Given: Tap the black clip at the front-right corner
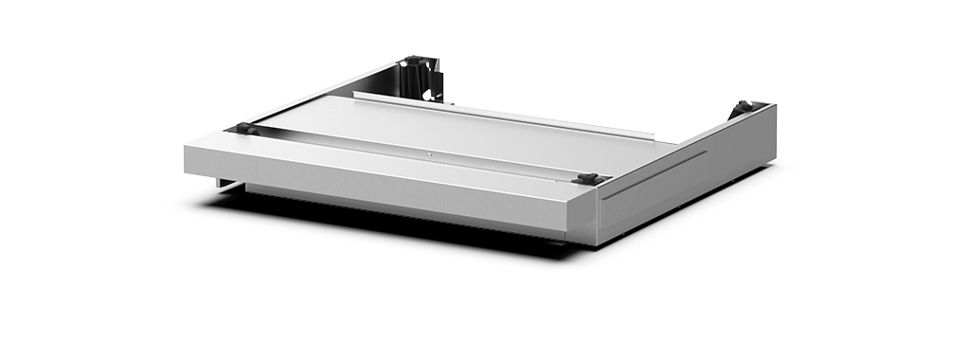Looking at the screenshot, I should pos(588,178).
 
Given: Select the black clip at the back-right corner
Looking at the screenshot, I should pos(745,105).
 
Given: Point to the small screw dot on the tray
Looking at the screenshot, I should pos(427,154).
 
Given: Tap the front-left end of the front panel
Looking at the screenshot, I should pos(194,156).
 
